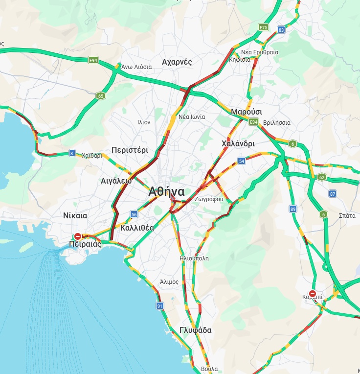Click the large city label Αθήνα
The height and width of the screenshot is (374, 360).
pos(167,191)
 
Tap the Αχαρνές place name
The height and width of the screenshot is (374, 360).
pos(177,62)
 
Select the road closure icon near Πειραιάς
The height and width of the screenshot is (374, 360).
pos(77,236)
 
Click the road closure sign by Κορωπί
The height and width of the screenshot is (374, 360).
pos(313,293)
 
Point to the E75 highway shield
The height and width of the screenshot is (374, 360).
pos(264,27)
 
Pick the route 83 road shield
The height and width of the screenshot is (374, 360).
pos(281,30)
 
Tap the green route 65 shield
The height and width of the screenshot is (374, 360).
pos(100,95)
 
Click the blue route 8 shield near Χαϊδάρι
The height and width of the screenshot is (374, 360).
pos(72,153)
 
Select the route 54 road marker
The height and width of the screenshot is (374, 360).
pos(242,161)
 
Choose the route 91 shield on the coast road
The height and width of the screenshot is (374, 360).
pos(160,306)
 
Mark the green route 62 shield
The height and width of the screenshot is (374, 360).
pos(321,177)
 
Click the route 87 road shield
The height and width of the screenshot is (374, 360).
pos(333,194)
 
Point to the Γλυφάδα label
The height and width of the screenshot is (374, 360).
pos(195,330)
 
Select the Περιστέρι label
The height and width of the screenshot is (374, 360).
pos(130,150)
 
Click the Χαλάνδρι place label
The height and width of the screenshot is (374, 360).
pos(238,144)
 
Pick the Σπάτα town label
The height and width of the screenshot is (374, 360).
pos(347,215)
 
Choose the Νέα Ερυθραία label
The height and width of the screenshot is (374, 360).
pos(260,52)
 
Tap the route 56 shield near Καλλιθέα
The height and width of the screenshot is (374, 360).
pos(134,214)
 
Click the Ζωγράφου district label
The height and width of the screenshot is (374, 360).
pos(208,199)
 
